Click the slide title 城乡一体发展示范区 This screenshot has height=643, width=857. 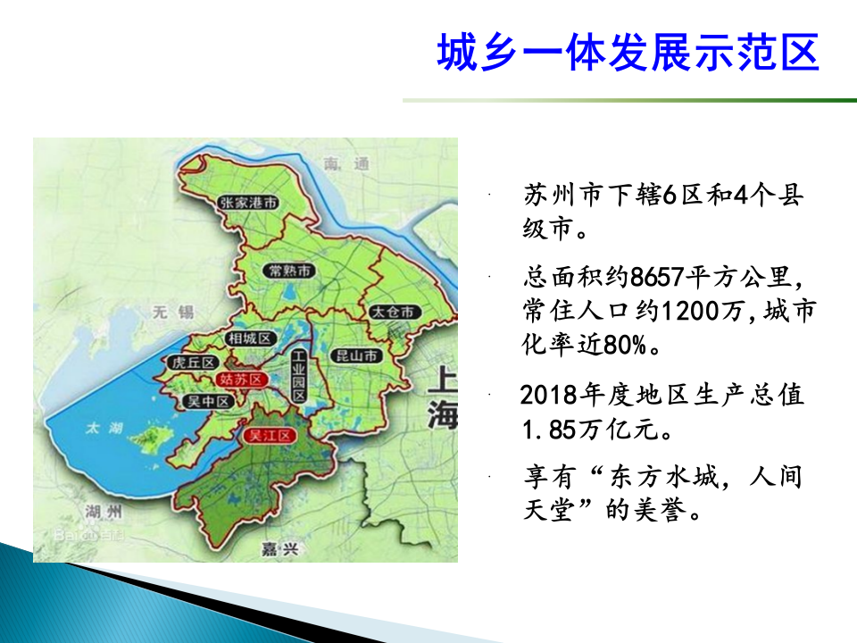(x=628, y=54)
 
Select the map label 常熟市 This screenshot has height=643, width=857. (x=292, y=270)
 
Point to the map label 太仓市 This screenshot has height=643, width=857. (x=393, y=313)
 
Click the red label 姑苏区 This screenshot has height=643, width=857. (x=241, y=380)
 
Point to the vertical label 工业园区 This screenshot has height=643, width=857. (x=299, y=375)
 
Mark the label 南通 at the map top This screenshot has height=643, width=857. (x=346, y=164)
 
